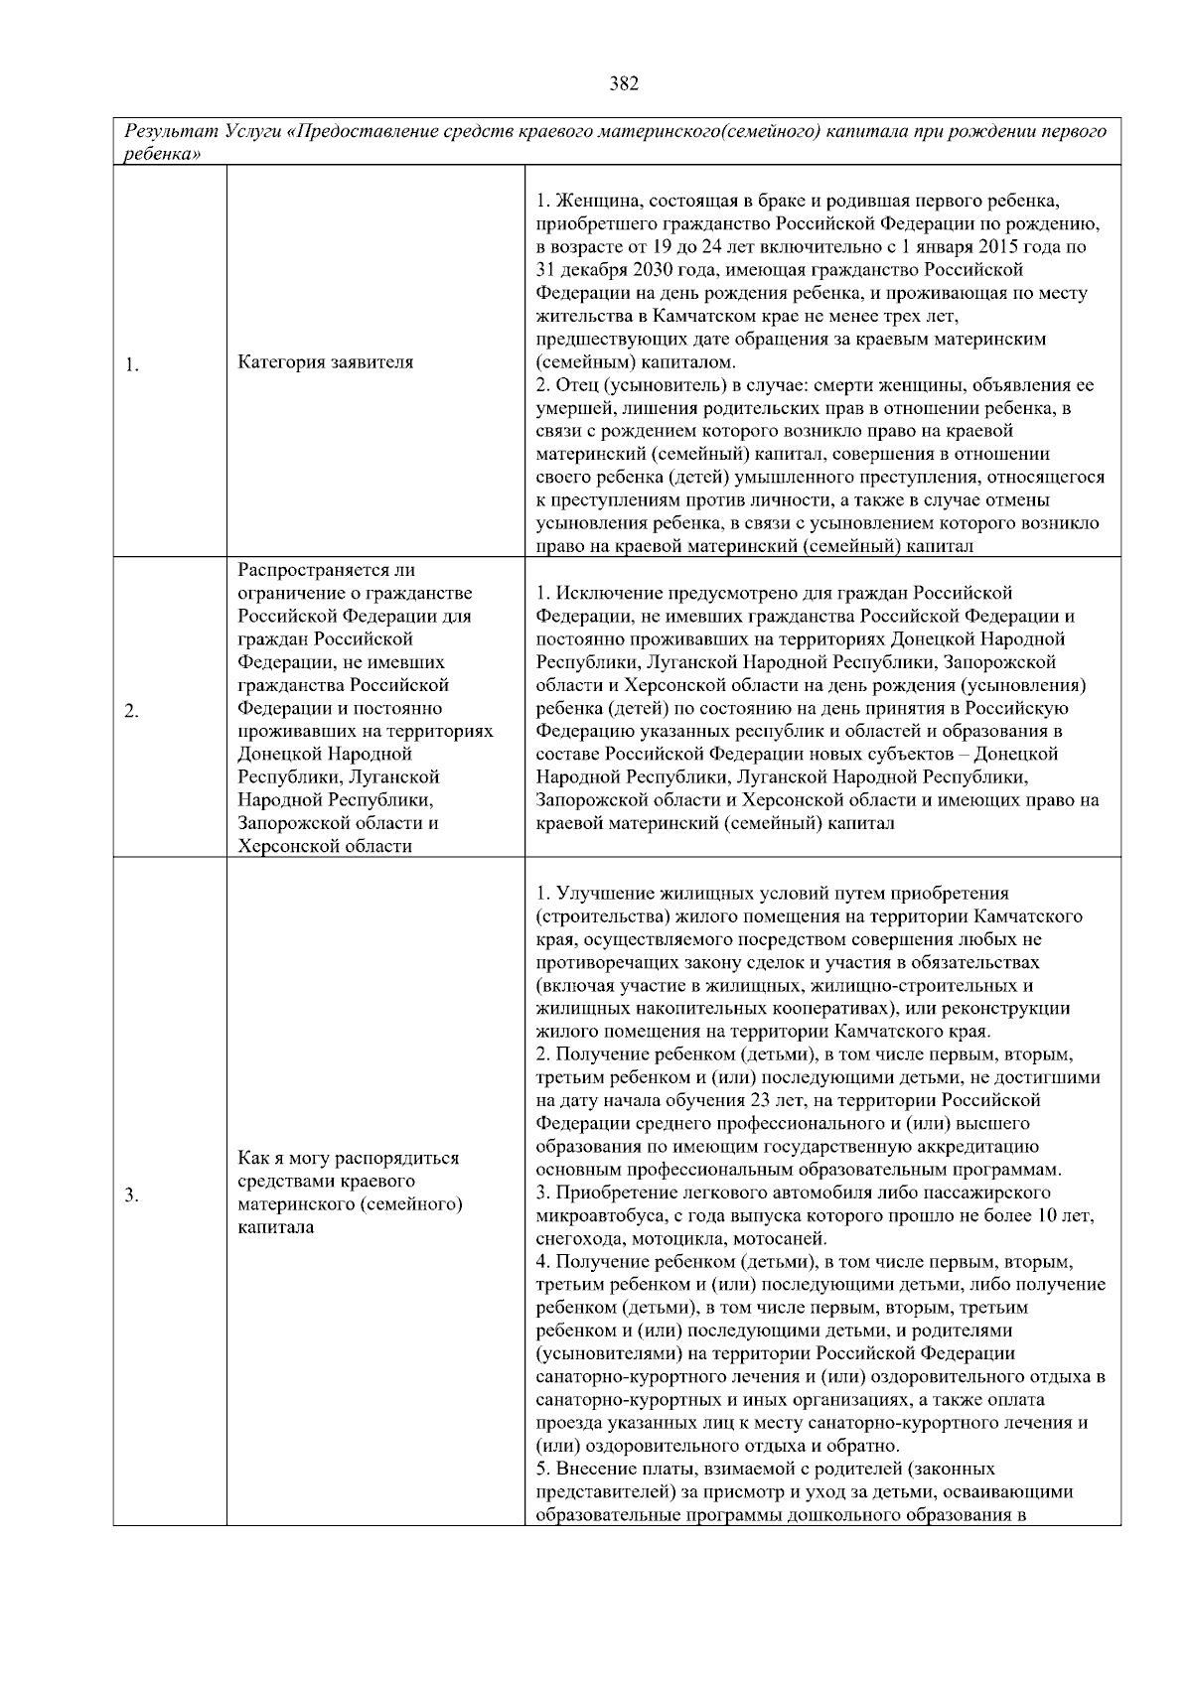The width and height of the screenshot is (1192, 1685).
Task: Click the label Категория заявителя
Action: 326,362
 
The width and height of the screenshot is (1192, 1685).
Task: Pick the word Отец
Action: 576,385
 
